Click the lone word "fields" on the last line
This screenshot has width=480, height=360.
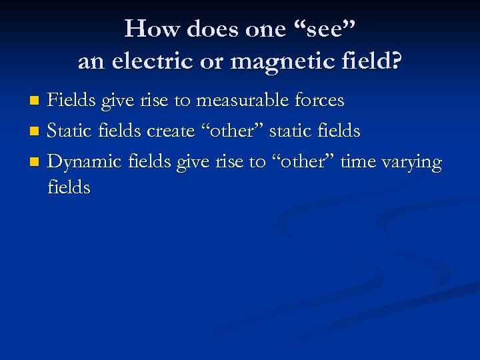click(x=69, y=187)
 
